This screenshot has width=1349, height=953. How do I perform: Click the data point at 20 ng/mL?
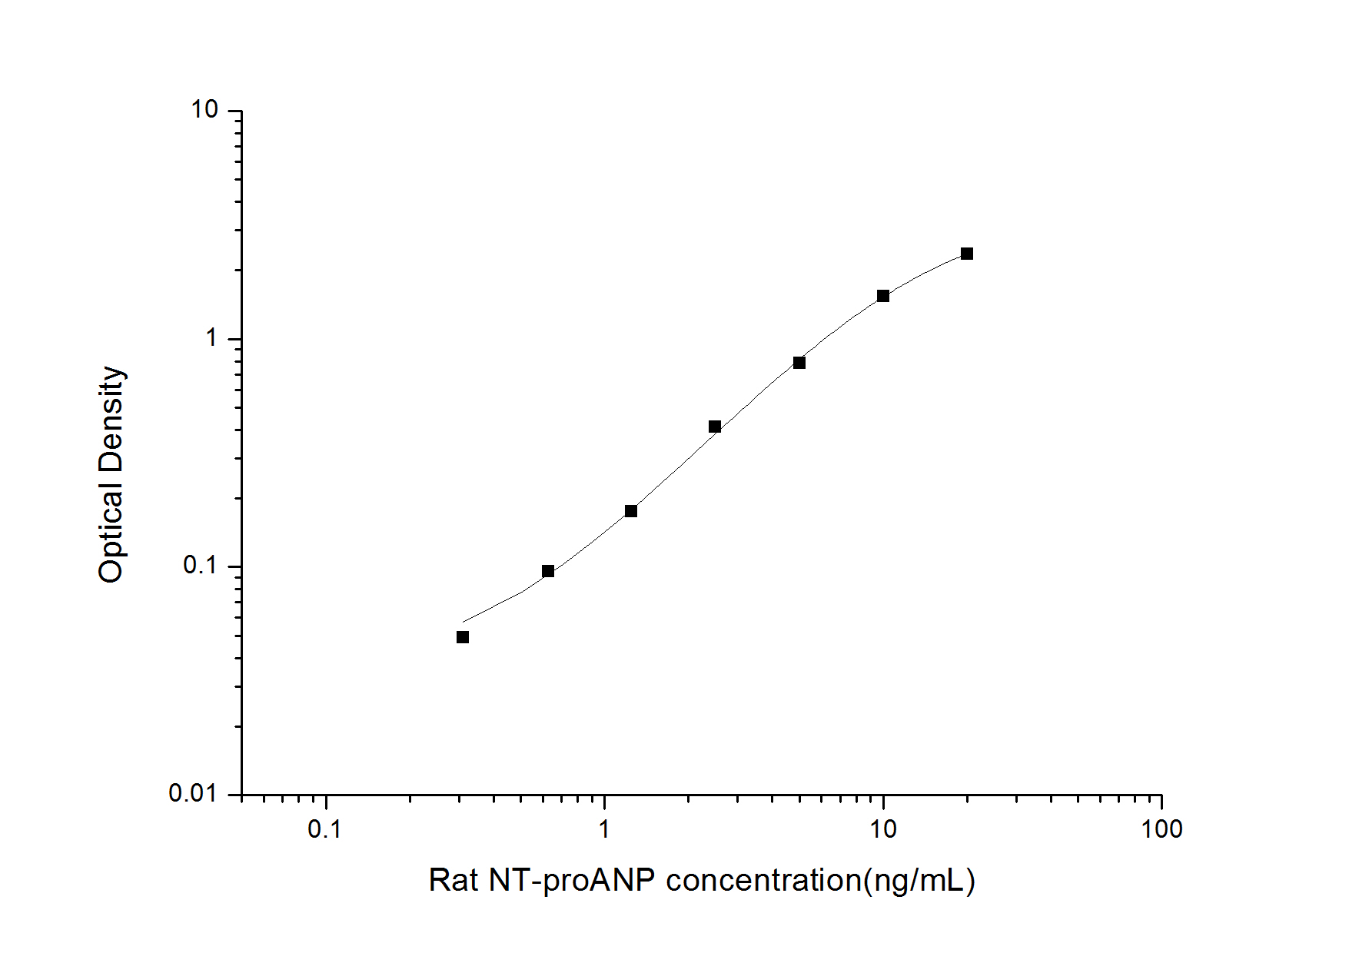click(966, 254)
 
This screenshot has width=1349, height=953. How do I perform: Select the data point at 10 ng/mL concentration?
click(883, 296)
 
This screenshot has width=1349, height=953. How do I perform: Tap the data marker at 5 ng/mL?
click(799, 363)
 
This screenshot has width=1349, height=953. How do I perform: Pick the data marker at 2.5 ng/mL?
click(715, 427)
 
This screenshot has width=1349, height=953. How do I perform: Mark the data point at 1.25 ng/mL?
click(631, 511)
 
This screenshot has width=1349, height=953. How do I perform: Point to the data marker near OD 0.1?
click(548, 571)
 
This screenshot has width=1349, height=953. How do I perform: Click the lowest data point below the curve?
click(463, 637)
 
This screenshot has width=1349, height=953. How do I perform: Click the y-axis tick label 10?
click(204, 110)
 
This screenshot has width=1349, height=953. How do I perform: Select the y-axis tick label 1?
click(211, 337)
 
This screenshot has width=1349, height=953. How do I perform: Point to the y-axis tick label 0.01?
click(194, 793)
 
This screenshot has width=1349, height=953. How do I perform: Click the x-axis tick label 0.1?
click(324, 829)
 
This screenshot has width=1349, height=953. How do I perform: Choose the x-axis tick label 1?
click(604, 829)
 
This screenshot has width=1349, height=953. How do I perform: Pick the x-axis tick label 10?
click(882, 829)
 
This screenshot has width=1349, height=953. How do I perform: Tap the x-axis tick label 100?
click(1161, 829)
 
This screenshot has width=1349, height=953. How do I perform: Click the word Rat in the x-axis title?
click(454, 881)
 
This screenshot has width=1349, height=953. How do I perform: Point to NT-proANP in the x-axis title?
click(572, 881)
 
